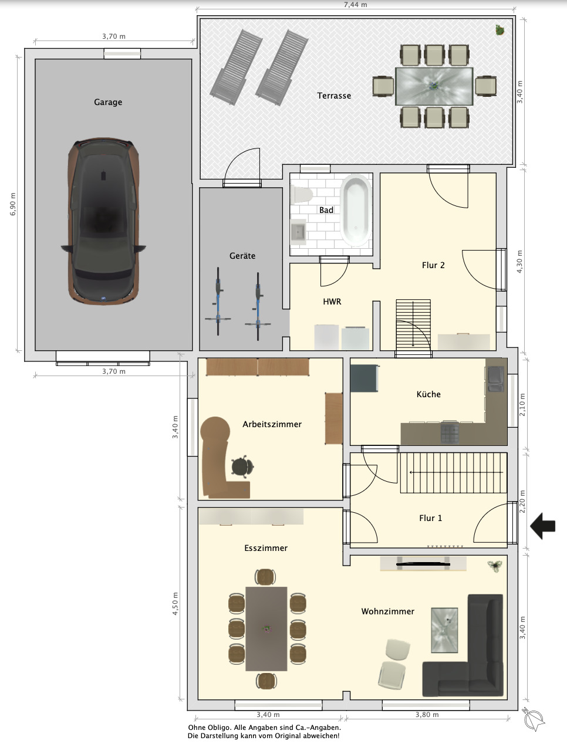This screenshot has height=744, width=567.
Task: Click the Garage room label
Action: [108, 102]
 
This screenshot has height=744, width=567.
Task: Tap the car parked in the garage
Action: [103, 221]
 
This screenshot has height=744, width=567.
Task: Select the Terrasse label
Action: [334, 96]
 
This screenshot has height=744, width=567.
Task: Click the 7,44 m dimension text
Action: [356, 5]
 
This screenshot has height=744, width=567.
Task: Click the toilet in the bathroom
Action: [302, 195]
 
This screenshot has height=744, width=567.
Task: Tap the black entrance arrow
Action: [542, 526]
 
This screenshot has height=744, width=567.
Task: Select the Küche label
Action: [428, 394]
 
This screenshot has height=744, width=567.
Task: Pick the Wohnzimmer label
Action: [388, 611]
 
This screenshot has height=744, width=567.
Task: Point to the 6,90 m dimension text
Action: [13, 204]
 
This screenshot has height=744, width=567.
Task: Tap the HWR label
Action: [332, 302]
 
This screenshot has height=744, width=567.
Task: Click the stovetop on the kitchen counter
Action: [450, 433]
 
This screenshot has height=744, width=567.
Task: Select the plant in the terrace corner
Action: [500, 30]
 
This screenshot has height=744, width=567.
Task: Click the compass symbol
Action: [534, 719]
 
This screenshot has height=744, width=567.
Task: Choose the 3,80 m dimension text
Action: [427, 715]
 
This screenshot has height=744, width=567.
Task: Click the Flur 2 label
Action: [433, 265]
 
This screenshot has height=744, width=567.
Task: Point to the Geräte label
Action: [242, 256]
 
